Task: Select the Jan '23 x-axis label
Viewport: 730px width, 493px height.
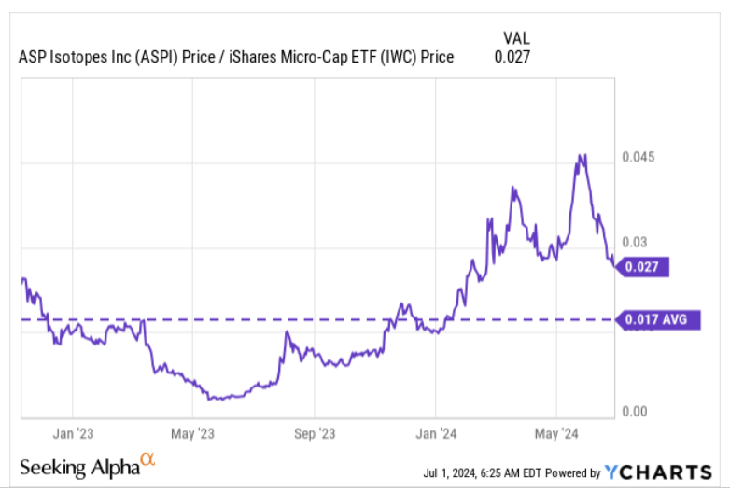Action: coord(71,433)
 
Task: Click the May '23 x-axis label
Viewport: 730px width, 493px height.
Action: coord(192,433)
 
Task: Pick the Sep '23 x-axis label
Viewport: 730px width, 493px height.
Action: coord(315,433)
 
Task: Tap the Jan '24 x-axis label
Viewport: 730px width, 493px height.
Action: coord(435,433)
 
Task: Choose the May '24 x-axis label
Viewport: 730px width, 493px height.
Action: coord(556,433)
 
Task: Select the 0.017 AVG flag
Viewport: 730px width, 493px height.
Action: coord(658,320)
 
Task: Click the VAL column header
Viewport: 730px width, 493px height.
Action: coord(515,37)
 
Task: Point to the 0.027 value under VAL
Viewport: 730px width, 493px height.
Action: coord(512,57)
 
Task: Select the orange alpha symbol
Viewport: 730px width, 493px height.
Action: coord(147,459)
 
